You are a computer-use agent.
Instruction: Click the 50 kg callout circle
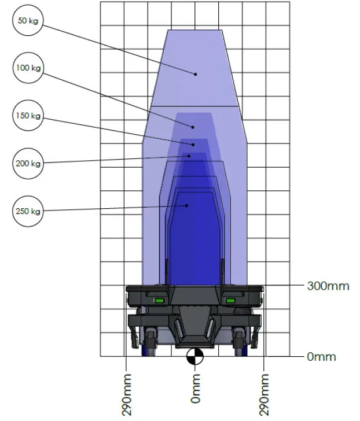(28, 21)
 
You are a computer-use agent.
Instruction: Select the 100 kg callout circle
(28, 68)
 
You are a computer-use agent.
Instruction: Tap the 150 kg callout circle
(28, 115)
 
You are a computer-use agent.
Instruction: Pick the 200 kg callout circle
(28, 163)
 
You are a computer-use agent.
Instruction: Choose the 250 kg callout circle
(28, 211)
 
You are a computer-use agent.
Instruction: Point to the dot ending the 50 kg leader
(196, 74)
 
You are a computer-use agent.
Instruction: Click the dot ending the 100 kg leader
(194, 127)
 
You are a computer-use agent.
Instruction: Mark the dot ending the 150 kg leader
(193, 143)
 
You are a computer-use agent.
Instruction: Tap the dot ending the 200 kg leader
(189, 156)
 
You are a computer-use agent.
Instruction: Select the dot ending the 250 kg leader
(186, 205)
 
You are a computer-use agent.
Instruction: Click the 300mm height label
(328, 286)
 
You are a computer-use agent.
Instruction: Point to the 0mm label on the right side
(321, 357)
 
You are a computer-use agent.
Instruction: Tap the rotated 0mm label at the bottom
(196, 389)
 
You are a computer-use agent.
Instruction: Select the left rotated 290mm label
(126, 394)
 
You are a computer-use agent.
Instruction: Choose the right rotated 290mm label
(264, 394)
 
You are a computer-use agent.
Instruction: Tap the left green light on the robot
(158, 300)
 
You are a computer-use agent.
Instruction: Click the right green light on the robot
(230, 300)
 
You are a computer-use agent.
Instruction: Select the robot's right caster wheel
(239, 342)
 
